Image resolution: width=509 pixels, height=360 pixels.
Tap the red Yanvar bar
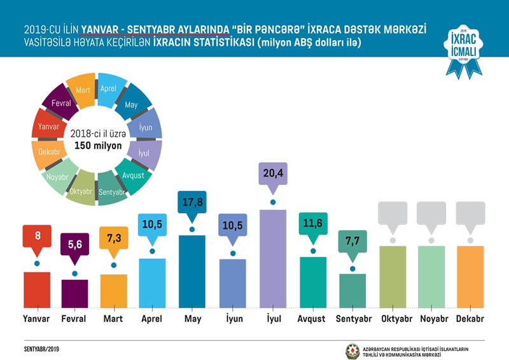pos(37,290)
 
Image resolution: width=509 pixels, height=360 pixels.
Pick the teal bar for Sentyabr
pos(352,291)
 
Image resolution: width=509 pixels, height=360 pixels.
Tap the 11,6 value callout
pos(313,225)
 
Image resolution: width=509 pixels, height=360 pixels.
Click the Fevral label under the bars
pos(75,319)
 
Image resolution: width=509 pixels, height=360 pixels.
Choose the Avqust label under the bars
pos(312,319)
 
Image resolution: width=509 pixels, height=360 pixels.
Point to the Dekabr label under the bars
pos(470,319)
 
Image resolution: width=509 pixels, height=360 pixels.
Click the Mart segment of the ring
pos(82,91)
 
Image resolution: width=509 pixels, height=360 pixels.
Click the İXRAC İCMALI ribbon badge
pos(463,51)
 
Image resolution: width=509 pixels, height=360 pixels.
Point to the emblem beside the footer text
pos(352,351)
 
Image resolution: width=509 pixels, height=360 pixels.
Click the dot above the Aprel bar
pos(153,251)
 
